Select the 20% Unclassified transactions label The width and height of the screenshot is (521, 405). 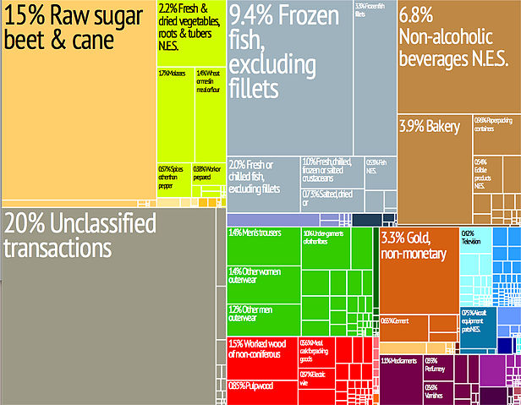[80, 236]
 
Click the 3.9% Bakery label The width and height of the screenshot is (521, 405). [430, 127]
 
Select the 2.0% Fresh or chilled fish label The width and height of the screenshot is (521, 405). [255, 176]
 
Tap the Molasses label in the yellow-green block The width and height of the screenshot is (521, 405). [173, 74]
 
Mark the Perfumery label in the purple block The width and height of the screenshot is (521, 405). [436, 365]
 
